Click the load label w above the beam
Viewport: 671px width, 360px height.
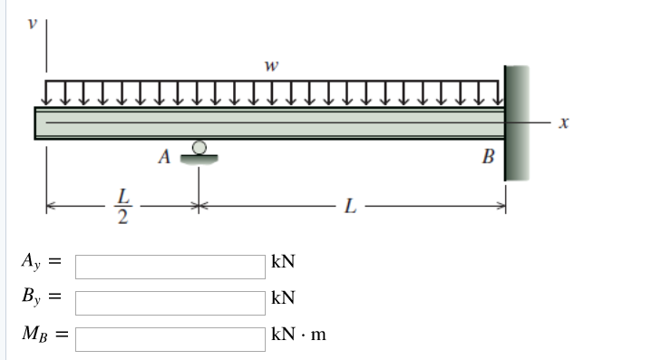click(x=269, y=65)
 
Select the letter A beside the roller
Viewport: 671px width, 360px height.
click(x=163, y=156)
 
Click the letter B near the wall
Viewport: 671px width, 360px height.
click(x=488, y=160)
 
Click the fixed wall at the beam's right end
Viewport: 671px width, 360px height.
click(x=516, y=122)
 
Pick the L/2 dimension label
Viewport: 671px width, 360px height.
click(x=124, y=207)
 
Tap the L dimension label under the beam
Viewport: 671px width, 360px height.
click(x=350, y=208)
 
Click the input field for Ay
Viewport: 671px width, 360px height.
click(x=170, y=267)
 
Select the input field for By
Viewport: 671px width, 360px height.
click(x=170, y=301)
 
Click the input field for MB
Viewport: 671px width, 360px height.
click(x=170, y=335)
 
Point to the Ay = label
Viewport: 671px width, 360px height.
click(x=41, y=264)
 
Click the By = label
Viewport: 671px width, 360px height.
click(x=41, y=297)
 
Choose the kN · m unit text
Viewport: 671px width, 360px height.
click(x=298, y=335)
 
